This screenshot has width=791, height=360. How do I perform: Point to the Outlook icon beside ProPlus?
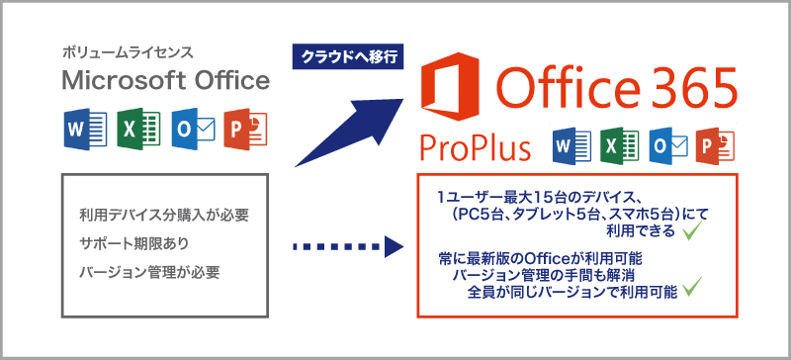[666, 146]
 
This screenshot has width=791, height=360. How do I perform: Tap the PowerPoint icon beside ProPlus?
[714, 146]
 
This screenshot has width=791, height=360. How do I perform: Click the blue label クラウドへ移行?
[347, 58]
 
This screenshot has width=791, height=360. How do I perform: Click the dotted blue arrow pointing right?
[347, 246]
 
